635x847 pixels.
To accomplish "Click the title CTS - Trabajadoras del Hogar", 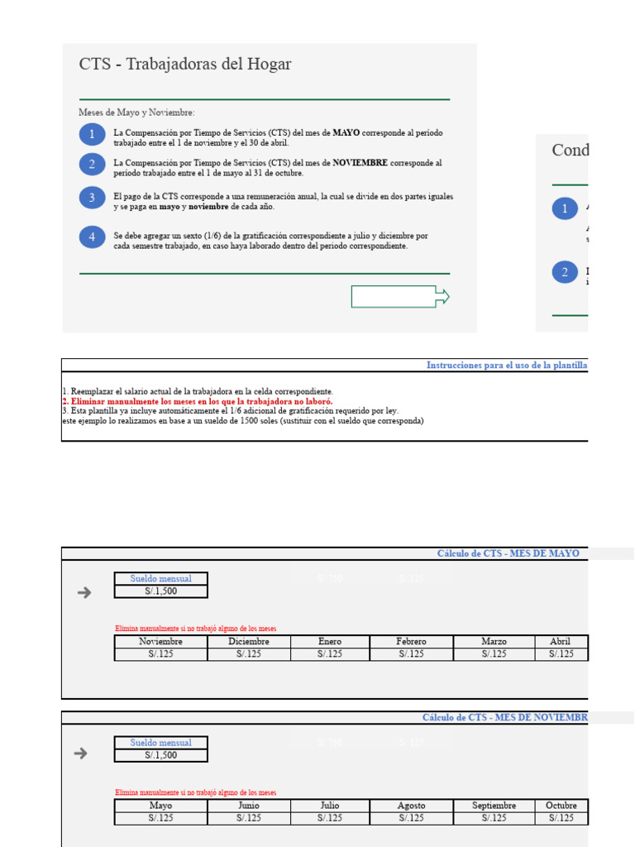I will point(185,65).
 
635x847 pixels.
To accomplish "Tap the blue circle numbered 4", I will point(93,237).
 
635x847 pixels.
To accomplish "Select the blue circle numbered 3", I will point(93,198).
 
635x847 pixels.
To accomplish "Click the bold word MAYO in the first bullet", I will point(346,132).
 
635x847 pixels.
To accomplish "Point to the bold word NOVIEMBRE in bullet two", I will point(360,163).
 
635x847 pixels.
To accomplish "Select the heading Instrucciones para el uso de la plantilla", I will point(506,365).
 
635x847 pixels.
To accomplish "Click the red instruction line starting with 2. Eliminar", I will point(198,401).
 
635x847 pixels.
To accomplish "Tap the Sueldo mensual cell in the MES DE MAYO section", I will point(161,578).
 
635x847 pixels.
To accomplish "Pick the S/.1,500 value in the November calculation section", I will point(161,755).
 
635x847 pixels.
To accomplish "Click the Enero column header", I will point(329,641).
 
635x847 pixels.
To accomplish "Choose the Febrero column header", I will point(411,641).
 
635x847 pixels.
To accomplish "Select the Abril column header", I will point(560,641).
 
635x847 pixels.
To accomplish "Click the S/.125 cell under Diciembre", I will point(249,654).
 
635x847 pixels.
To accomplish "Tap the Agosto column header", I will point(411,806).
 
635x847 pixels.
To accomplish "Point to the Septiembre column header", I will point(494,806).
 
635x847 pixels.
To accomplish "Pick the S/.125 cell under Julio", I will point(329,819).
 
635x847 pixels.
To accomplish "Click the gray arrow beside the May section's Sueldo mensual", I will point(83,591).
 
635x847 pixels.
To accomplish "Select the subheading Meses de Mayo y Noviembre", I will point(137,112).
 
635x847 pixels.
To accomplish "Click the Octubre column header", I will point(561,806).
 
